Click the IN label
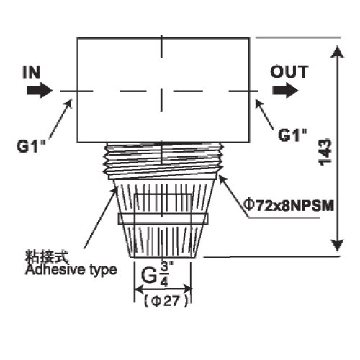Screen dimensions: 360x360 tap(32, 72)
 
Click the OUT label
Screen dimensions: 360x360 tap(289, 72)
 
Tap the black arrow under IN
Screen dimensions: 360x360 tap(40, 91)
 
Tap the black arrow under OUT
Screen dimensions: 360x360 tap(285, 91)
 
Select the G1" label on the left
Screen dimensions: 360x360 tap(31, 145)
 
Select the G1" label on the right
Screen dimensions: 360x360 tap(293, 135)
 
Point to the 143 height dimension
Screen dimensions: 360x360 tap(325, 152)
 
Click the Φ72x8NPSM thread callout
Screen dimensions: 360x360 tap(289, 206)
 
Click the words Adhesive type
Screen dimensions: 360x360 tap(71, 270)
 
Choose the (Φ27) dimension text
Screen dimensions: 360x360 tap(166, 301)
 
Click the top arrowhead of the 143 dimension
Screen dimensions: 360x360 tap(338, 52)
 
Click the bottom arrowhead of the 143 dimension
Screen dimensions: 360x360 tap(338, 246)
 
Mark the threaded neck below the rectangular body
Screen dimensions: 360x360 tap(163, 161)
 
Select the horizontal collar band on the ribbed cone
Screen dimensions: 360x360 tap(163, 219)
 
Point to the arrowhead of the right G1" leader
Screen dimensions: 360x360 tap(258, 102)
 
